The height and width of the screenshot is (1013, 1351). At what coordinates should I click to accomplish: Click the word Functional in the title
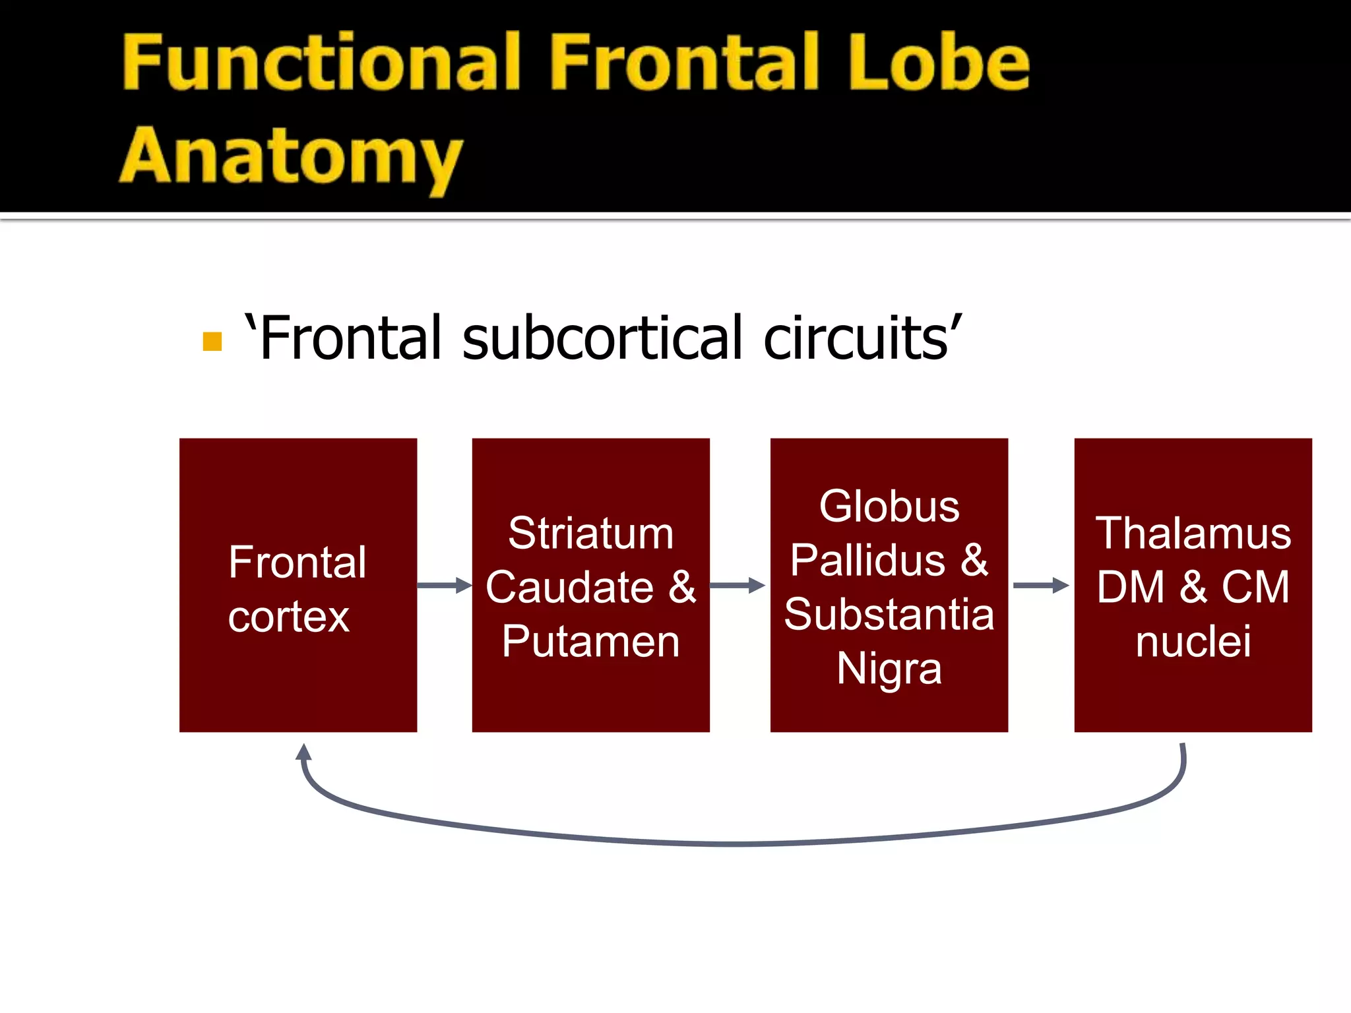click(321, 63)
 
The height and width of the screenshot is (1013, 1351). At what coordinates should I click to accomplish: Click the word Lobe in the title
click(938, 63)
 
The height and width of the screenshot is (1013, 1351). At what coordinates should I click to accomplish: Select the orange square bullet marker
click(212, 342)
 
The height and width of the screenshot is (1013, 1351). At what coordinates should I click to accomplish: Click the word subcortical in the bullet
click(606, 338)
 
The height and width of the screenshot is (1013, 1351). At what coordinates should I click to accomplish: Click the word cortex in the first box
click(288, 617)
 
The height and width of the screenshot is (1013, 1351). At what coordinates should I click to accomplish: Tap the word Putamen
click(590, 641)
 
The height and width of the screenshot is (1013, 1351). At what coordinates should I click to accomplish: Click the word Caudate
click(569, 587)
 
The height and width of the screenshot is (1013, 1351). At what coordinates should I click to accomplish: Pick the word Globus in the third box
click(889, 506)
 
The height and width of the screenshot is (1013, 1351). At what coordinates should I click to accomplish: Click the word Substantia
click(889, 615)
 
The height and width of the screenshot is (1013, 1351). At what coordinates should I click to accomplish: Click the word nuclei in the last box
click(1193, 641)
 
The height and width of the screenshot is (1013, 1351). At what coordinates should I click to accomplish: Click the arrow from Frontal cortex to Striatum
click(445, 585)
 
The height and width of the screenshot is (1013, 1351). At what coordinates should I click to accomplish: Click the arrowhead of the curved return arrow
click(303, 752)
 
